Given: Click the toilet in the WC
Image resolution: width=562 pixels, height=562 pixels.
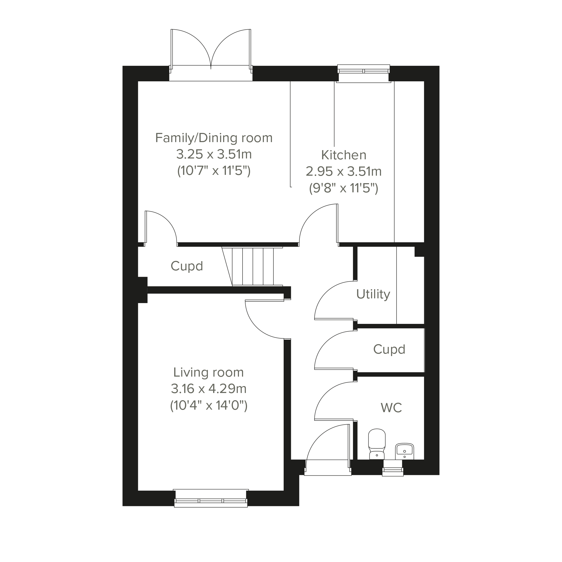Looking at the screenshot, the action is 377,444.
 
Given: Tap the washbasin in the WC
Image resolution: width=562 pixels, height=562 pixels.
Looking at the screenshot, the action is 404,451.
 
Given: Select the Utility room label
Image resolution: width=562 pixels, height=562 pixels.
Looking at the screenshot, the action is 373,294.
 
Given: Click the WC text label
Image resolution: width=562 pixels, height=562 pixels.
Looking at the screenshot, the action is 391,408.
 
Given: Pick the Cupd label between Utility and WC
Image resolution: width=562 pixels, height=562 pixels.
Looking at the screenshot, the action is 389,350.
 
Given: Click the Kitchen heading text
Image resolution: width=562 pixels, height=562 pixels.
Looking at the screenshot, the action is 344,155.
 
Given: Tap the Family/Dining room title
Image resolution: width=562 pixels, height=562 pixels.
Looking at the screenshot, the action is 214,138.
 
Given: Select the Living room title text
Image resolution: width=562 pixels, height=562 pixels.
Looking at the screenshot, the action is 208,372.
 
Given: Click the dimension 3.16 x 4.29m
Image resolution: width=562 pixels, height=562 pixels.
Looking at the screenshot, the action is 209,389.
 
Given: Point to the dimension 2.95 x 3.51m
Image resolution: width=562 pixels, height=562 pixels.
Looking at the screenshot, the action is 344,171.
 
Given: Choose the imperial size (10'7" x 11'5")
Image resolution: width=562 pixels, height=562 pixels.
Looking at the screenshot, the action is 214,170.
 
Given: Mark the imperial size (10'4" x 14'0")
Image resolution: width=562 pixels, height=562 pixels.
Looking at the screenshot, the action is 209,405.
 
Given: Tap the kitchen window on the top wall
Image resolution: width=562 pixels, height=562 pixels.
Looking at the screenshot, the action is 363,73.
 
